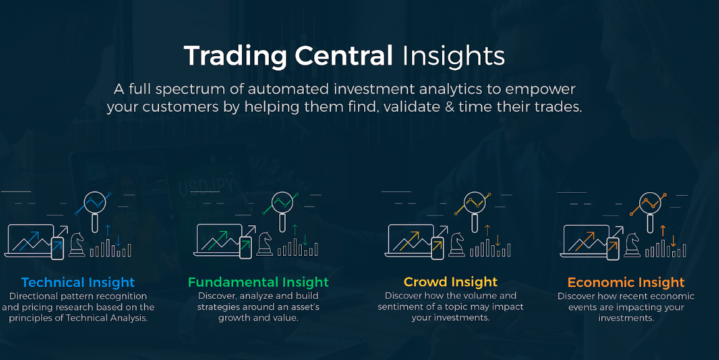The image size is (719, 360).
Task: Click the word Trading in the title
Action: (235, 56)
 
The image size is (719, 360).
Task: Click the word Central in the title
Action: (344, 56)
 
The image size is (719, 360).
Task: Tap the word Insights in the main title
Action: (453, 56)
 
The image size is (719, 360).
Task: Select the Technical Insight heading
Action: (78, 282)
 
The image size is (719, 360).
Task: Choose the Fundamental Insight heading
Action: (258, 282)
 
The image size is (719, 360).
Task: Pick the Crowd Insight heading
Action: (450, 281)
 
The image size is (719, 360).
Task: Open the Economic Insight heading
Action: (626, 282)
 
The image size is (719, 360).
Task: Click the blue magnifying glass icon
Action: (95, 212)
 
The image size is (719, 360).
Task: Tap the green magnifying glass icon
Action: (282, 212)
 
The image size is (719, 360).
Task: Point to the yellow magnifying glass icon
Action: (475, 212)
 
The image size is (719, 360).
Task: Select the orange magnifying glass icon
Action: (650, 212)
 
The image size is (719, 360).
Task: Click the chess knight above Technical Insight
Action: (77, 245)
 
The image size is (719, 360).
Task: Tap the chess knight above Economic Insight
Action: (632, 245)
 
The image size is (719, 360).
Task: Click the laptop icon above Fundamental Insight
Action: (218, 240)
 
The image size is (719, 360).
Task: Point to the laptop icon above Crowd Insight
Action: (410, 240)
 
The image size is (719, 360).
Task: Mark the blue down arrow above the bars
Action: (118, 240)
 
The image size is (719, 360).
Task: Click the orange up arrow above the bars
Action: (663, 230)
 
